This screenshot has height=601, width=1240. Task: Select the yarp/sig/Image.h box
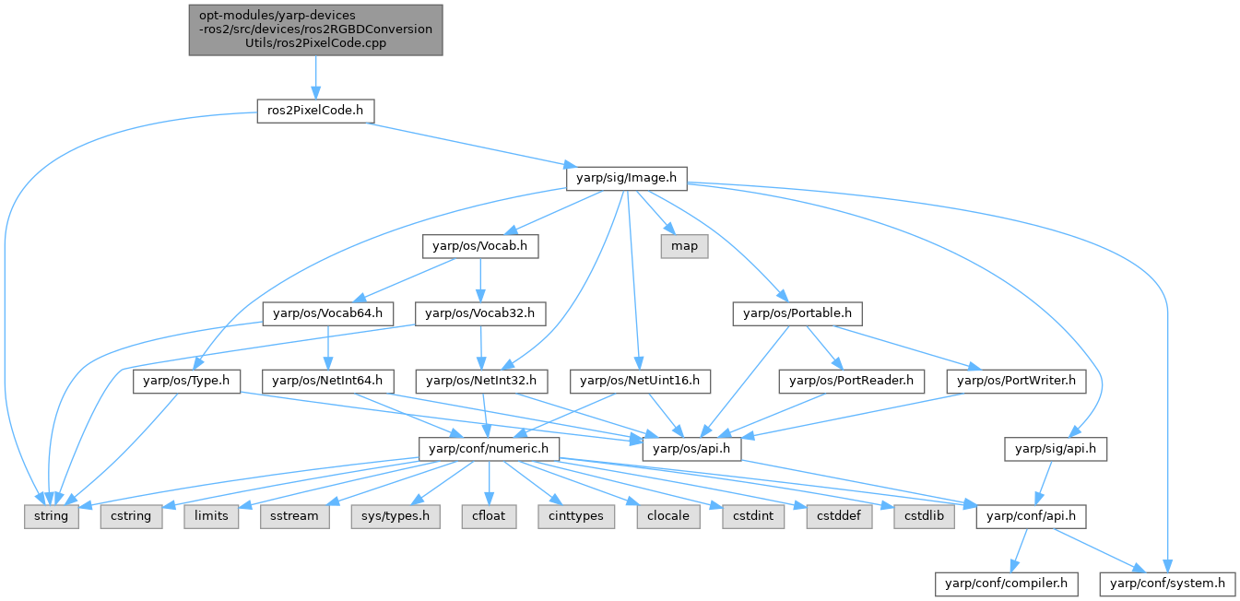(x=625, y=177)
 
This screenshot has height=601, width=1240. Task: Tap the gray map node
(x=684, y=246)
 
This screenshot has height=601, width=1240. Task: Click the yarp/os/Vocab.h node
(x=479, y=246)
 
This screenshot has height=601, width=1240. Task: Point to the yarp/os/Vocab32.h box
(x=480, y=314)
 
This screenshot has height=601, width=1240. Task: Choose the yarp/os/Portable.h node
(x=797, y=314)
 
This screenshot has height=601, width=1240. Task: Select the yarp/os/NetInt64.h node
(x=328, y=381)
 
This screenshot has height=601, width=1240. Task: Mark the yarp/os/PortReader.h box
(x=851, y=381)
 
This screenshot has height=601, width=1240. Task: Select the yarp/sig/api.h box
(x=1056, y=449)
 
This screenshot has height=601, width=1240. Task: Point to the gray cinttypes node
(x=575, y=516)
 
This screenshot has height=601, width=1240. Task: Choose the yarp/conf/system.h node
(x=1166, y=583)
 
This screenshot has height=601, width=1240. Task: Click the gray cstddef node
(x=838, y=516)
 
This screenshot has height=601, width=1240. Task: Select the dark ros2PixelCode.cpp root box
(x=315, y=30)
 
